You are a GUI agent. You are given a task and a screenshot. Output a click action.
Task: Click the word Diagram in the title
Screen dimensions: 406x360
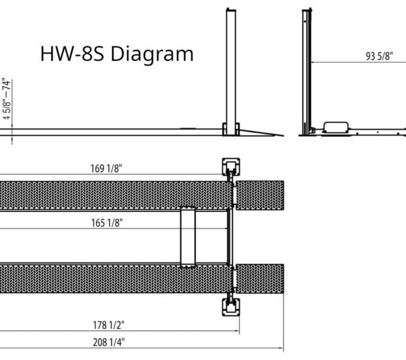pyautogui.click(x=152, y=55)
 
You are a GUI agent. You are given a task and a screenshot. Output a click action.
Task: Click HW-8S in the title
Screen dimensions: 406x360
pyautogui.click(x=72, y=54)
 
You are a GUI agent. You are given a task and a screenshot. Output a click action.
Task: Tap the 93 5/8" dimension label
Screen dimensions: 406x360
pyautogui.click(x=379, y=56)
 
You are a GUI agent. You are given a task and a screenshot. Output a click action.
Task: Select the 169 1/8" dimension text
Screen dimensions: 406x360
pyautogui.click(x=106, y=168)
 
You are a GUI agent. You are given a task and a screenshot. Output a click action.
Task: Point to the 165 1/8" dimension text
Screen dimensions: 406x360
pyautogui.click(x=107, y=223)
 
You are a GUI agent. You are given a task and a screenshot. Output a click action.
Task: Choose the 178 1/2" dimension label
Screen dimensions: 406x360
pyautogui.click(x=109, y=325)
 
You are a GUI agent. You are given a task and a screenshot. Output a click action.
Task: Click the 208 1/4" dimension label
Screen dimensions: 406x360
pyautogui.click(x=109, y=342)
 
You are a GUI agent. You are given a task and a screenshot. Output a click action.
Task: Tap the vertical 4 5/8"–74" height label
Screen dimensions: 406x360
pyautogui.click(x=7, y=99)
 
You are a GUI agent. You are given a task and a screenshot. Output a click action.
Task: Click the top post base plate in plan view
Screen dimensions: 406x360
pyautogui.click(x=231, y=167)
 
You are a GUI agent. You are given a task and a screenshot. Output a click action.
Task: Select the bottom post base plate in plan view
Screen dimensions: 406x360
pyautogui.click(x=231, y=307)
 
